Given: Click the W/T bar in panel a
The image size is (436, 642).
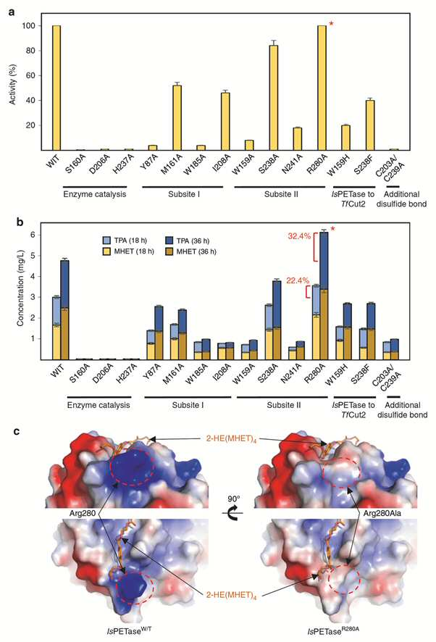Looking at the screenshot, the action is tap(56, 88).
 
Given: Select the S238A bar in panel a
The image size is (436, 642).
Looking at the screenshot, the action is tap(274, 97).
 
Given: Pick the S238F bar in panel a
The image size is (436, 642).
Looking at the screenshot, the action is tap(370, 125).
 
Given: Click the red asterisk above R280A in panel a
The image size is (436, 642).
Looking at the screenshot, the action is tap(331, 24).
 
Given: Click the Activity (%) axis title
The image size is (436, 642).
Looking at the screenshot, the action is tap(13, 84).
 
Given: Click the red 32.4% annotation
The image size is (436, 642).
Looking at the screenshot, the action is tap(299, 236).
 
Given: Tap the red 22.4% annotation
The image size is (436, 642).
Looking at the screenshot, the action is tap(298, 280).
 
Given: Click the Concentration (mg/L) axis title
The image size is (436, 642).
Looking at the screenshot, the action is tap(20, 291).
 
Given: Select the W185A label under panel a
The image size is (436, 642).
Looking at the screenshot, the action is tap(193, 167).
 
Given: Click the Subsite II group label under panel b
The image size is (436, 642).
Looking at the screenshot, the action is tap(284, 405).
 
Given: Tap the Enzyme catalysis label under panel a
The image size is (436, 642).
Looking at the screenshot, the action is tap(95, 194).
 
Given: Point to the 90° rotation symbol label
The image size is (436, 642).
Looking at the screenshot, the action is tap(234, 499).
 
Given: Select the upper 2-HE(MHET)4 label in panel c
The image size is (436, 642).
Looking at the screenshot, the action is tap(231, 439).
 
